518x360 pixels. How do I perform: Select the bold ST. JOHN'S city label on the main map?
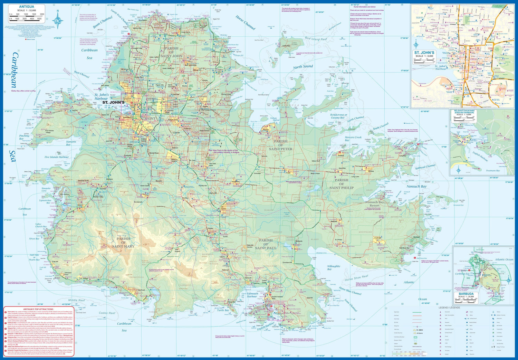(113, 102)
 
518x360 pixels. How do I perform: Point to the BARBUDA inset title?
(466, 294)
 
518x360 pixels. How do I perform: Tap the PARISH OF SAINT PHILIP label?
(341, 184)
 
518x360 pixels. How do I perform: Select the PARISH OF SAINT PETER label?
(280, 145)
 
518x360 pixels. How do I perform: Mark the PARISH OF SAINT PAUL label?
(266, 244)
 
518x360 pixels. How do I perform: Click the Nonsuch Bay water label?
(416, 186)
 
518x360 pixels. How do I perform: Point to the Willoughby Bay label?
(334, 268)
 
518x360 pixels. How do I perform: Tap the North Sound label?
(303, 66)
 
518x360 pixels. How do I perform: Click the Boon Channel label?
(103, 22)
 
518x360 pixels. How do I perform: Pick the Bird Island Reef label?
(316, 39)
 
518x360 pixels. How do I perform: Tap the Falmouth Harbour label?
(252, 295)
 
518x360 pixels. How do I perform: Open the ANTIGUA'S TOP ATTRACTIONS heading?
(38, 309)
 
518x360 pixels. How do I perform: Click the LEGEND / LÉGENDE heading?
(449, 307)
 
